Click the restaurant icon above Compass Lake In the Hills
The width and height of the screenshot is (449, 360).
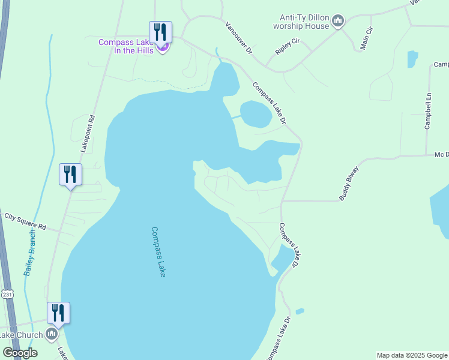(160, 32)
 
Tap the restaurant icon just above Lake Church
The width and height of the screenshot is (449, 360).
(58, 313)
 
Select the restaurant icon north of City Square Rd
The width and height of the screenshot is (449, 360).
(70, 175)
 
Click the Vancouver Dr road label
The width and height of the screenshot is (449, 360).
(239, 40)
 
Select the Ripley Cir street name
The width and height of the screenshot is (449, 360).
(288, 47)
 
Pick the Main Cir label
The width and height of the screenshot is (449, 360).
(366, 38)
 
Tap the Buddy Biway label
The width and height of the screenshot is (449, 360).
(348, 182)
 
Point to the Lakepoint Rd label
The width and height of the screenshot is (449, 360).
(88, 133)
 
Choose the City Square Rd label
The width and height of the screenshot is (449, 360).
(25, 221)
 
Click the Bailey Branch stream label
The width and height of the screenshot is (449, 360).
(30, 253)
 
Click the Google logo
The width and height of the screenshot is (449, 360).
(20, 353)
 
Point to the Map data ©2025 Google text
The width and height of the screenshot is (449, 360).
(412, 355)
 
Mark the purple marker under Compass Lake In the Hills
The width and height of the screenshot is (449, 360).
(163, 48)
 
